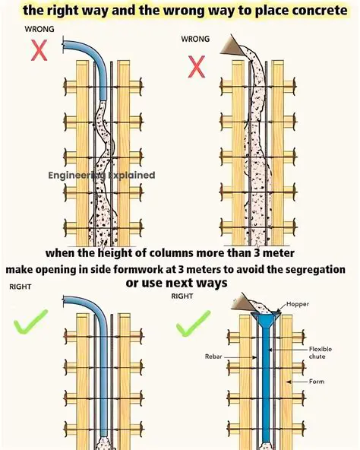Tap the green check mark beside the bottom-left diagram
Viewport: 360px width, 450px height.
(x=31, y=322)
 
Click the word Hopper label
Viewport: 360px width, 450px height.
(x=298, y=304)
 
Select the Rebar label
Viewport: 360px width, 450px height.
(x=213, y=354)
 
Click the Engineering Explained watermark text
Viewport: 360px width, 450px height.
(x=102, y=175)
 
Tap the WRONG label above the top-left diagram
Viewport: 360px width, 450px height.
(x=39, y=29)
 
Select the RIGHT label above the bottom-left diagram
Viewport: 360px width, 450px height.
(x=20, y=287)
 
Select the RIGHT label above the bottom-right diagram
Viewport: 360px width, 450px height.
(x=182, y=296)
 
